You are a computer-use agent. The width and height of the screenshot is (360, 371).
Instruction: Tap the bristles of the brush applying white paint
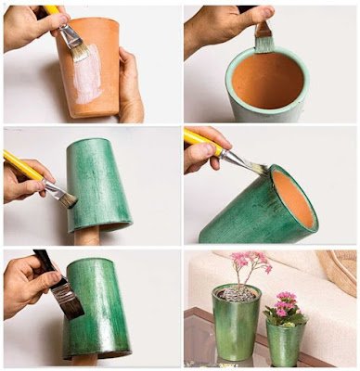(78, 45)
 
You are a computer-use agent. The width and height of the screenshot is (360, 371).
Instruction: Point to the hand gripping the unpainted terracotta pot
(131, 93)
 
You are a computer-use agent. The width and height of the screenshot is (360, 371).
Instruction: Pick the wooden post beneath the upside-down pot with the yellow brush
(87, 237)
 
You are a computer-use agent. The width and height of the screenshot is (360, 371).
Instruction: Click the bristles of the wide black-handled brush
(67, 300)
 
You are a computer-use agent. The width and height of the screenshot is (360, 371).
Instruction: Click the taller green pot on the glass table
(236, 325)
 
